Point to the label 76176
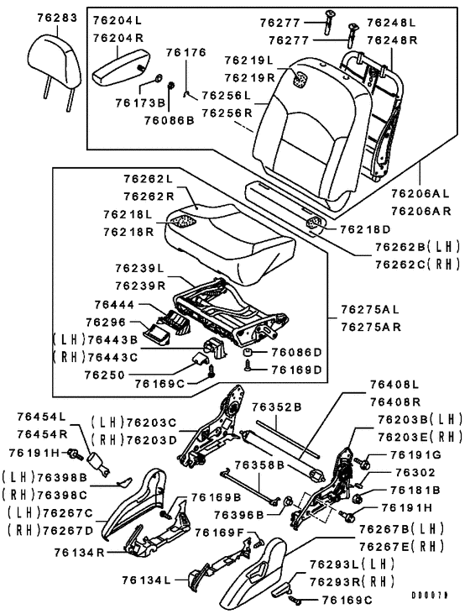tap(185, 52)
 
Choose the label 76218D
tap(365, 229)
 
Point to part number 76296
tap(112, 321)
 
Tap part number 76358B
tap(259, 463)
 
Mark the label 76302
tap(412, 473)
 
